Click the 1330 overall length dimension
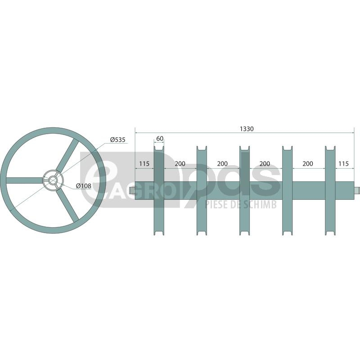pos(247,129)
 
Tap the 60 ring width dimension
pos(160,139)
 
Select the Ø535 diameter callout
pos(117,139)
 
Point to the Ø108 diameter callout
pos(84,186)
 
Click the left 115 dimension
pos(144,164)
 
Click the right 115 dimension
pos(343,164)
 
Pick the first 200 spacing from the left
pos(180,164)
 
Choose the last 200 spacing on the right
pos(308,164)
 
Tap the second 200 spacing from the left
pos(222,164)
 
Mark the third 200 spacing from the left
pos(265,164)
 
